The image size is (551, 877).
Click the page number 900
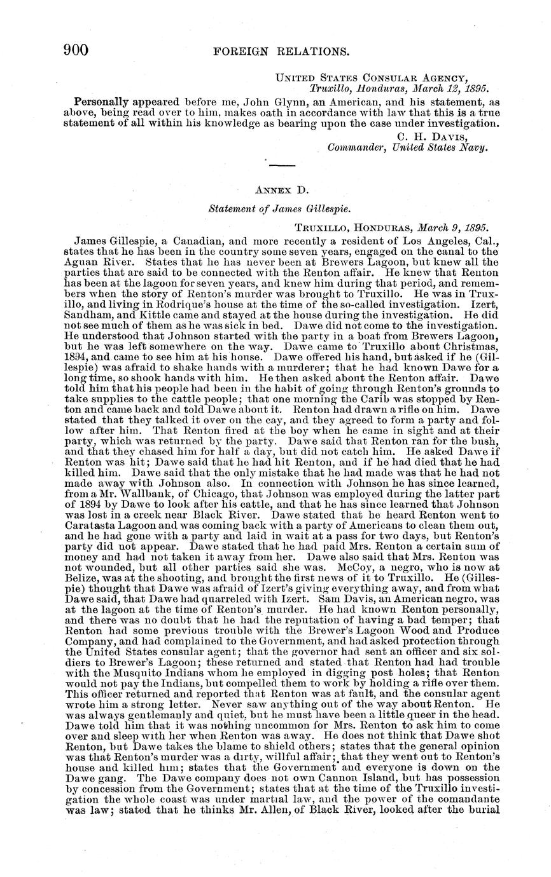75,51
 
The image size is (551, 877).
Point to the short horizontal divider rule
282,166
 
